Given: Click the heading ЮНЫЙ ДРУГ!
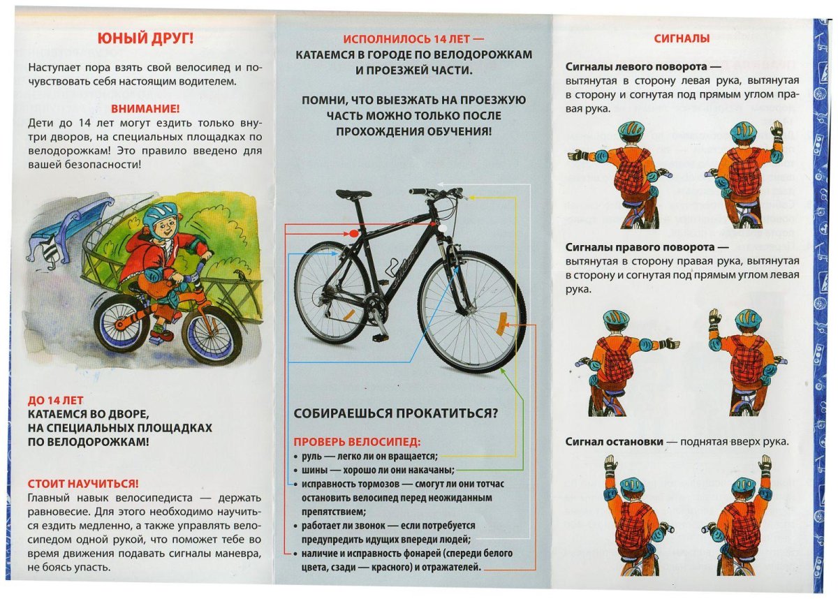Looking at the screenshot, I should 145,39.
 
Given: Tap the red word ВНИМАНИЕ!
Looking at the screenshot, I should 145,109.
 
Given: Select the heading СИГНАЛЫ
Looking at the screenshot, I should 682,39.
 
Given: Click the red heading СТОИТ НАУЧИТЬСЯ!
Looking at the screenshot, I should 83,483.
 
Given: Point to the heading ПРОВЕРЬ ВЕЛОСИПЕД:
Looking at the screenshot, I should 357,442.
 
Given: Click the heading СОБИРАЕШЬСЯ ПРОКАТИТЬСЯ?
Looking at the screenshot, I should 396,413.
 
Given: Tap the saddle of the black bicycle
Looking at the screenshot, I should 353,194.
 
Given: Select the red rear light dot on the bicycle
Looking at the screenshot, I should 353,231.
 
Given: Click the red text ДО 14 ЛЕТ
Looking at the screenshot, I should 56,400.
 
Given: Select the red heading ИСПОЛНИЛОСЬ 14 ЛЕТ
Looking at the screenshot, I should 413,40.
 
